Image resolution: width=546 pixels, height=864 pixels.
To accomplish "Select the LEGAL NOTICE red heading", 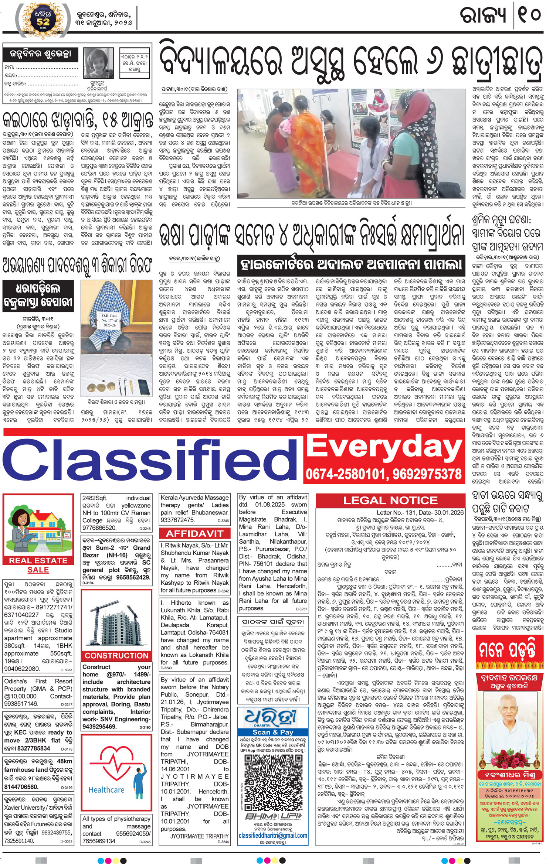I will (390, 501).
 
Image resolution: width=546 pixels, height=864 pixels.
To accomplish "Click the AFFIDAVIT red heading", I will (194, 533).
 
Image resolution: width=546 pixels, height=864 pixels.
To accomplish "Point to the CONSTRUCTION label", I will (116, 656).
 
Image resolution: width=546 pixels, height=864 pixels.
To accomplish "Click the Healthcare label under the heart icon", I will (106, 790).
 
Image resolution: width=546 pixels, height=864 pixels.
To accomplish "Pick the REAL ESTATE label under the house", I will (38, 560).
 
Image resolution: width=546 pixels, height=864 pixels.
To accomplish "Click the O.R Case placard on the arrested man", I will (110, 320).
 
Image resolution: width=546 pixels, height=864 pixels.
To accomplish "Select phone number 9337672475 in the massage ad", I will (177, 520).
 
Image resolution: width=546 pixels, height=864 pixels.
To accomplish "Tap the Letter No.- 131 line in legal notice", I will (420, 513).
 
